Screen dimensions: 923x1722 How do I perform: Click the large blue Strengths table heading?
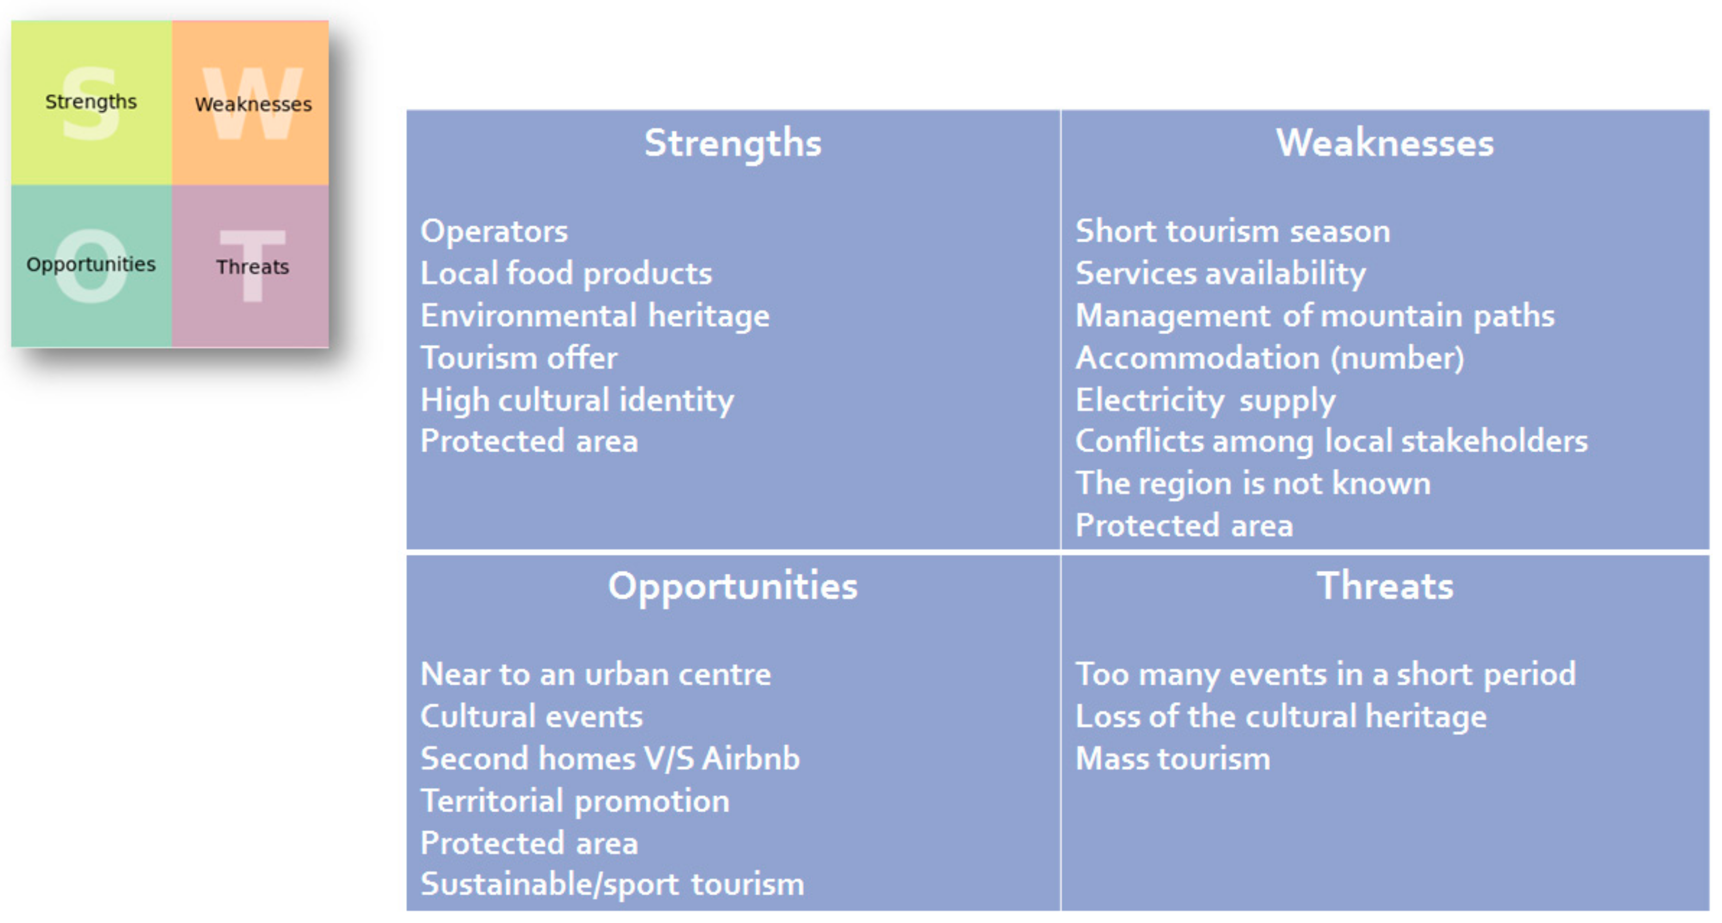(x=733, y=143)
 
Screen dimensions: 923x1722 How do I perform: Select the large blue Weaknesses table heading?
(x=1384, y=143)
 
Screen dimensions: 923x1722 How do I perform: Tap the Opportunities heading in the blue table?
(x=733, y=586)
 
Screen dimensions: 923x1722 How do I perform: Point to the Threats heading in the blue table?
(x=1384, y=586)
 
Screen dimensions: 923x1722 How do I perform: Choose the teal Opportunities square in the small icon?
(x=91, y=265)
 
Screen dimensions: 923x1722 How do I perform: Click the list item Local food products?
(x=566, y=273)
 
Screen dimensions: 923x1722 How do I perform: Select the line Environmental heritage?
(x=595, y=316)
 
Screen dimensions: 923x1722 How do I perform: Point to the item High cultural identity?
(x=577, y=400)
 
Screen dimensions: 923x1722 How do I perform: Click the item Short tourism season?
(x=1232, y=231)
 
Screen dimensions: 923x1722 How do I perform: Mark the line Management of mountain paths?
(x=1315, y=316)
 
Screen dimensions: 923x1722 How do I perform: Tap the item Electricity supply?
(x=1205, y=400)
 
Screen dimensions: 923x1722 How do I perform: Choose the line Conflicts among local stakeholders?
(x=1331, y=441)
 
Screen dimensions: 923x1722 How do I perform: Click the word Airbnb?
(x=751, y=759)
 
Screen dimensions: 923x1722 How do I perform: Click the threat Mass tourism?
(x=1172, y=759)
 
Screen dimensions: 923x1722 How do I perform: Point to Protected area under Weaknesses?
(x=1184, y=525)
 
